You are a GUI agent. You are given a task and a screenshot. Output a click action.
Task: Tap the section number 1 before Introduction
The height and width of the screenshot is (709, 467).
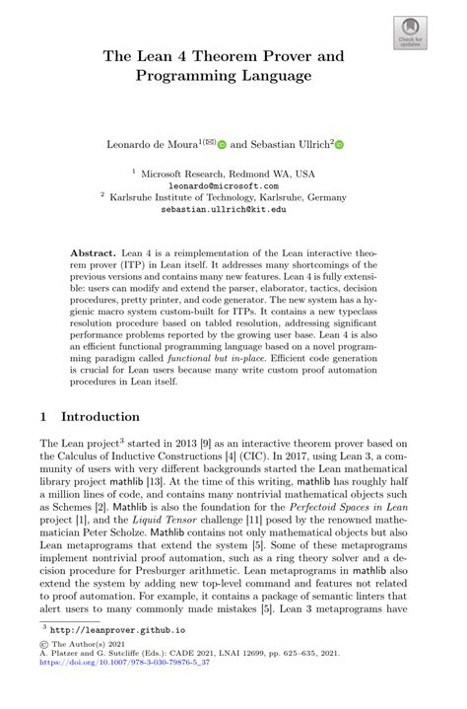(x=44, y=416)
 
